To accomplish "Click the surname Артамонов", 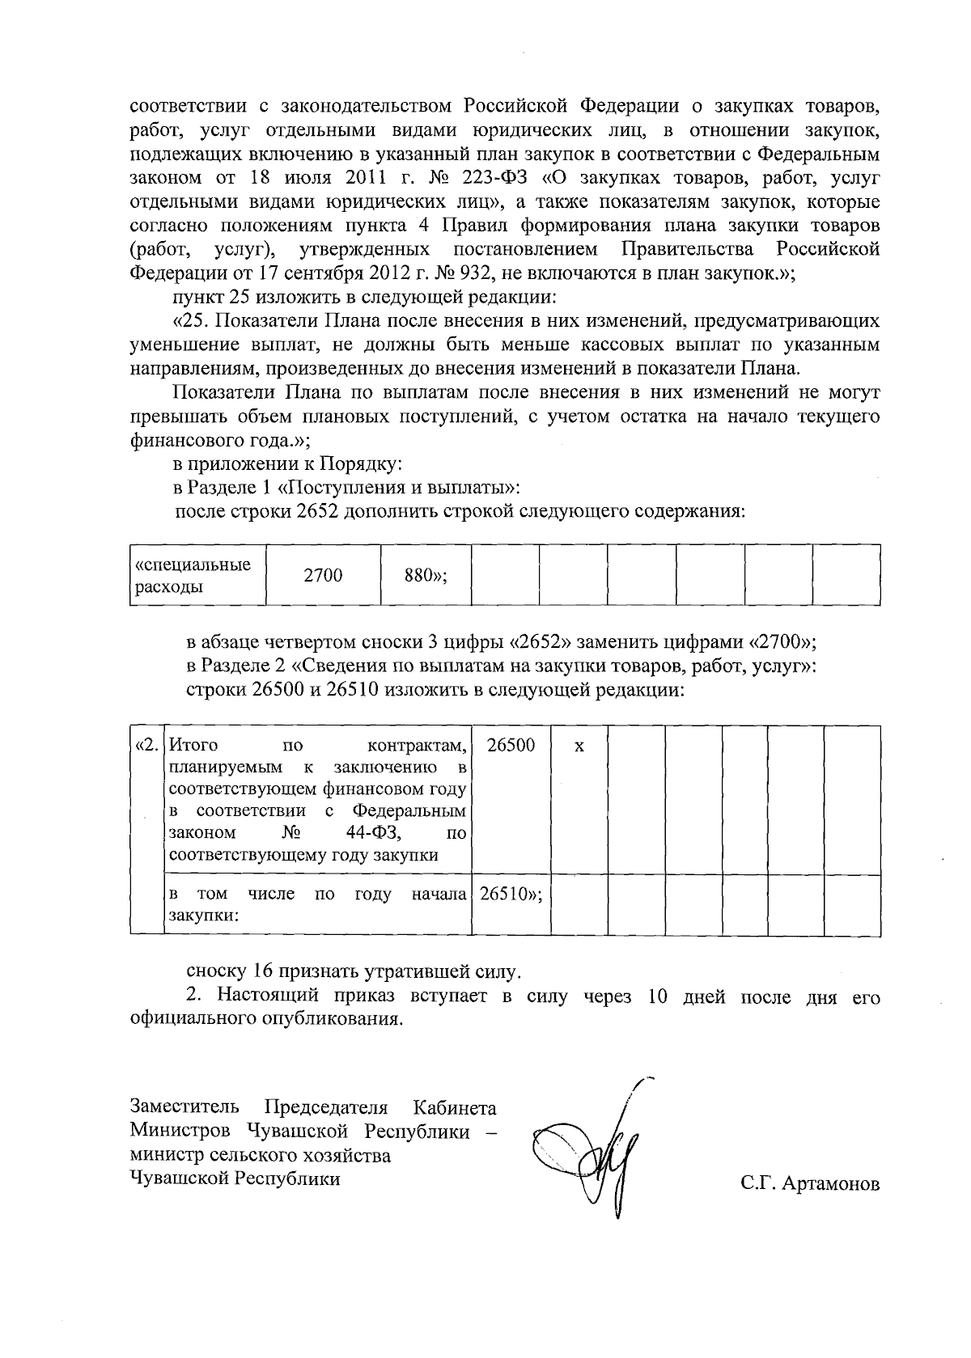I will [831, 1186].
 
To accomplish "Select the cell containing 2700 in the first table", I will [323, 575].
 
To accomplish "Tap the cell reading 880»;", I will [426, 575].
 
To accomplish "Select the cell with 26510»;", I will [511, 895].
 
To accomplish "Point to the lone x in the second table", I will [579, 746].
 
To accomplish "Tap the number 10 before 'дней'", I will [658, 996].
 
